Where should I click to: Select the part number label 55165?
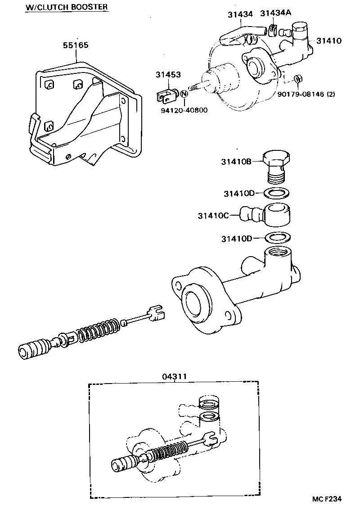coord(76,45)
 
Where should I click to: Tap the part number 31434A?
coord(275,13)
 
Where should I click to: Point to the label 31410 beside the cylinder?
coord(328,41)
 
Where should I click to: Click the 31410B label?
coord(236,161)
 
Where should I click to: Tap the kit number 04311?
coord(173,376)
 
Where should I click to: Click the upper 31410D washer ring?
coord(276,194)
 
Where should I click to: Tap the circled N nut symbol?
coord(184,94)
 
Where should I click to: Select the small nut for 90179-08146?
coord(297,80)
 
